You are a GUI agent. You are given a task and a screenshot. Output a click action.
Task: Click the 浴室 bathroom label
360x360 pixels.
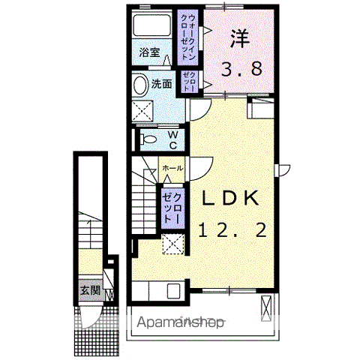[x=150, y=52]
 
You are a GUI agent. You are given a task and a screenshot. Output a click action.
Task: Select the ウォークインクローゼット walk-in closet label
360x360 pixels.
[x=187, y=37]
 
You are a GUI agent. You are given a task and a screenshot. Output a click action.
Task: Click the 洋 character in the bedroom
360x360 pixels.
[x=238, y=37]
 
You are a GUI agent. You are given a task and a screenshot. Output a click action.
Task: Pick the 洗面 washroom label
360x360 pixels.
[x=162, y=85]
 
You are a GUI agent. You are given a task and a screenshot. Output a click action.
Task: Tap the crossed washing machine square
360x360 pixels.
[x=142, y=111]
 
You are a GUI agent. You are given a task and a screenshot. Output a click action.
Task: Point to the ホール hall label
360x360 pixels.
[x=172, y=169]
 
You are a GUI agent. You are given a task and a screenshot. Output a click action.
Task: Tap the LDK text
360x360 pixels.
[x=229, y=198]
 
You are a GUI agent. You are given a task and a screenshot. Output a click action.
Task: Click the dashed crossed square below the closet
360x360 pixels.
[x=174, y=244]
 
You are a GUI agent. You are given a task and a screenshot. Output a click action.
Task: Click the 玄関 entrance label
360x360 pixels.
[x=90, y=290]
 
